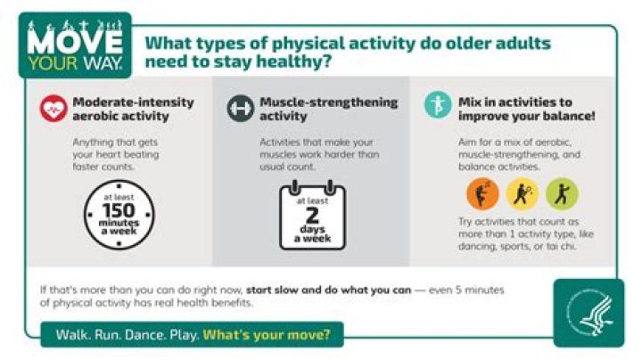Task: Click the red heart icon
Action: point(53,109)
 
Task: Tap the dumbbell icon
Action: point(240,109)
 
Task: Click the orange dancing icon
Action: point(481,193)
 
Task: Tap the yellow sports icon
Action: point(522,193)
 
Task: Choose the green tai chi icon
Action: point(562,193)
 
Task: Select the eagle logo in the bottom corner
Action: point(588,311)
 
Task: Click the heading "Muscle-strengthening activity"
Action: point(327,109)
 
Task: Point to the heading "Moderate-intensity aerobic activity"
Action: point(133,109)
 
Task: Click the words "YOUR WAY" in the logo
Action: point(77,65)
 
